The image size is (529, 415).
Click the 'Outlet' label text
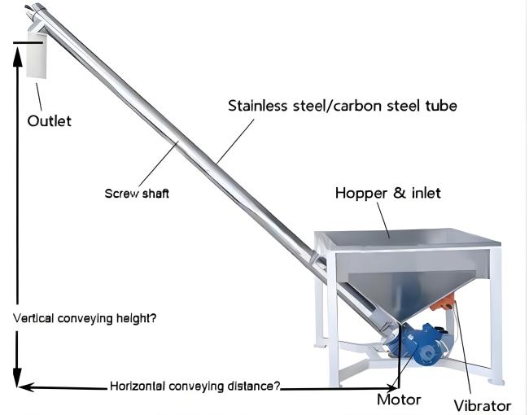[50, 120]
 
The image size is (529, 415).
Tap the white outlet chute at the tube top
[36, 55]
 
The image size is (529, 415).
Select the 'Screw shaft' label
[137, 194]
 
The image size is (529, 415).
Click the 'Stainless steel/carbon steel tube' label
[343, 106]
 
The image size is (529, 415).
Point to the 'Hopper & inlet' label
[388, 193]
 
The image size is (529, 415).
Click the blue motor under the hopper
[422, 344]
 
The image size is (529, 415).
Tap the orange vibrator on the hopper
[443, 302]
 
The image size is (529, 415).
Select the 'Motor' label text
[399, 400]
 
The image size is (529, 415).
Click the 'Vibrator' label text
[482, 405]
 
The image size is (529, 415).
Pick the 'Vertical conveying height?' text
[85, 318]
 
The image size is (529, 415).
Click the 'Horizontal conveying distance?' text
[195, 386]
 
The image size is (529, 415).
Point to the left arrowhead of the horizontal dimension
[26, 387]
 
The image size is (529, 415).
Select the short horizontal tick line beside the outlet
[28, 43]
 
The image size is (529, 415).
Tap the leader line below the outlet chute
[39, 97]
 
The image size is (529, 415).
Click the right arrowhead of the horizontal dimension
[393, 388]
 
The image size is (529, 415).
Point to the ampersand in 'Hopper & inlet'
[400, 193]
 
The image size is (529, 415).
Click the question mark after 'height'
[153, 318]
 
